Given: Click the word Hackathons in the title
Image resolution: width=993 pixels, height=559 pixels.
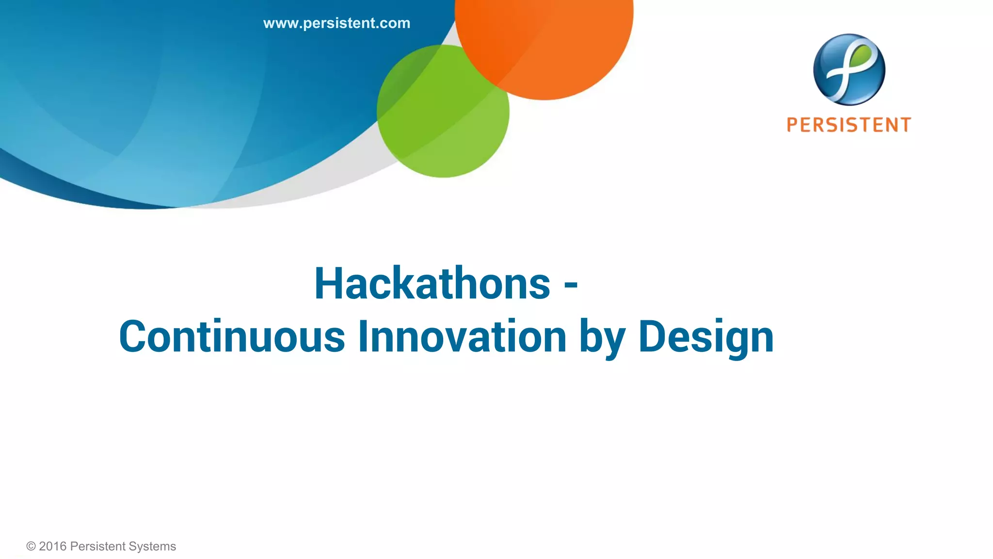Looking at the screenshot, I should (x=432, y=284).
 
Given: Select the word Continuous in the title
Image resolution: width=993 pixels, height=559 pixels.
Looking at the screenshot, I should (x=232, y=337).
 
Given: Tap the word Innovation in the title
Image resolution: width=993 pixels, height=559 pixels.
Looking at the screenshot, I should (x=462, y=337).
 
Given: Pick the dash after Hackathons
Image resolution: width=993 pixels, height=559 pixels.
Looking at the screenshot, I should (x=571, y=285).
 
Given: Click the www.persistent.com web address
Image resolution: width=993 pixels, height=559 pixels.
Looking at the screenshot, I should (x=336, y=23).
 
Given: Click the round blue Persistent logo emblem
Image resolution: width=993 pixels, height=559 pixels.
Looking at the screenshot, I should (x=849, y=69).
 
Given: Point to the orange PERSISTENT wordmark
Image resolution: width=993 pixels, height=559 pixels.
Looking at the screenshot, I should (x=849, y=125).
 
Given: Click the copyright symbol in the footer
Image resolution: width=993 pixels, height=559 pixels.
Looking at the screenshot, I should (x=31, y=546).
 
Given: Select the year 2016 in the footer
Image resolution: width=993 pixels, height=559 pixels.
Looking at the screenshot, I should (x=52, y=546).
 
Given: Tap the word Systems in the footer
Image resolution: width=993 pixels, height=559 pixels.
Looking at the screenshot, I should (x=152, y=546).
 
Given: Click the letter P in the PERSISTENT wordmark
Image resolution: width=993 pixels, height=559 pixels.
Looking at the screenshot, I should (x=793, y=125).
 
